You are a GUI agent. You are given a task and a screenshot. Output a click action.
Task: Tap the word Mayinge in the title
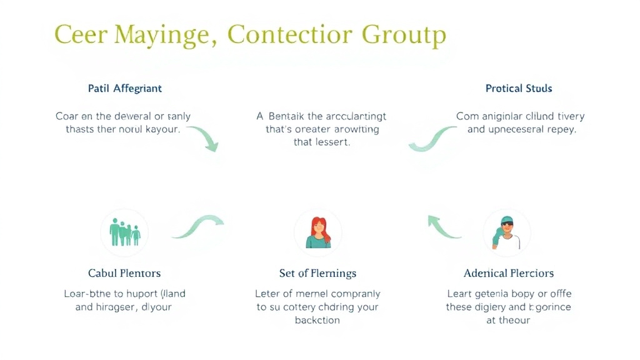tap(165, 36)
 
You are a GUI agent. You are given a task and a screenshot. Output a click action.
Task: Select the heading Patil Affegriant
tap(125, 88)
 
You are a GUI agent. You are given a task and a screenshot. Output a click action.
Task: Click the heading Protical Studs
tap(519, 88)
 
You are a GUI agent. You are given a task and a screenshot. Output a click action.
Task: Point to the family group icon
tap(125, 232)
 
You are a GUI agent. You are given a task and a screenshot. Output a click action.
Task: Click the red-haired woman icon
tap(318, 232)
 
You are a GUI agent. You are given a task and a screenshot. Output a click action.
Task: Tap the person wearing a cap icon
tap(506, 232)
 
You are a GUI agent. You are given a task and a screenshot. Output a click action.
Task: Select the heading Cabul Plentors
tap(124, 273)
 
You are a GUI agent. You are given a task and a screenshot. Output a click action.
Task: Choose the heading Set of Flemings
tap(317, 273)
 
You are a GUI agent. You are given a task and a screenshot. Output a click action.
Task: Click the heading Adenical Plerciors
tap(509, 273)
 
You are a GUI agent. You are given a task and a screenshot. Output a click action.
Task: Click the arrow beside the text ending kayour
tap(204, 138)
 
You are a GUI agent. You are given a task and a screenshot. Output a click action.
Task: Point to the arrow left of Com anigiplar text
tap(431, 139)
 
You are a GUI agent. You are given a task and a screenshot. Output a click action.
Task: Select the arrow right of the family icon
tap(198, 226)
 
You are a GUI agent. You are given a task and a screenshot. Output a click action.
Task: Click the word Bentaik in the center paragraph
tap(289, 116)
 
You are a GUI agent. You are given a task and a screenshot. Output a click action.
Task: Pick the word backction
tap(317, 320)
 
